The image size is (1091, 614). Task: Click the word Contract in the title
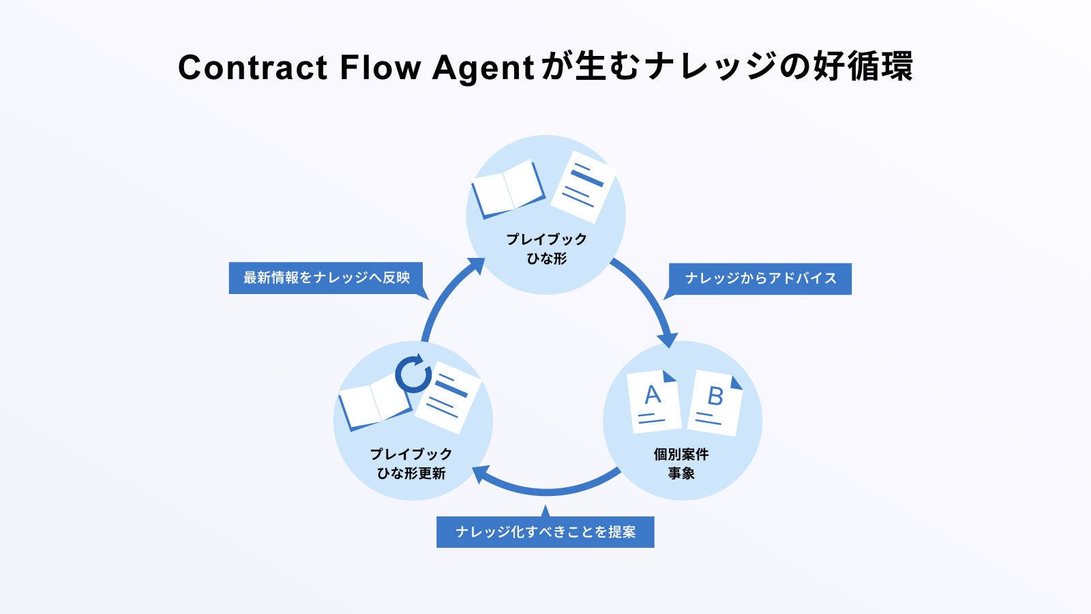tap(252, 68)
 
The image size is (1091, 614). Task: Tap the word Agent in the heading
tap(483, 68)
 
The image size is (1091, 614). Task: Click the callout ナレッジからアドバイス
tap(760, 278)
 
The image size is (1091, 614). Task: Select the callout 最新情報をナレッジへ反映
tap(327, 278)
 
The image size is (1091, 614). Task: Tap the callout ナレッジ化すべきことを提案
tap(545, 532)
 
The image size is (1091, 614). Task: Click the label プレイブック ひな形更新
tap(411, 463)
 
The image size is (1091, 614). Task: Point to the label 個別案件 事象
tap(681, 463)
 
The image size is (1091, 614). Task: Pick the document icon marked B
tap(715, 403)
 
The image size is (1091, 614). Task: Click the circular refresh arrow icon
tap(413, 374)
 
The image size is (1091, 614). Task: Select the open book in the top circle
tap(507, 188)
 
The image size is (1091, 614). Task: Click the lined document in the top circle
tap(583, 186)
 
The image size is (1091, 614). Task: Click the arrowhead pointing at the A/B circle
tap(668, 338)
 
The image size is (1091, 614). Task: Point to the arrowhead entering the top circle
tap(477, 264)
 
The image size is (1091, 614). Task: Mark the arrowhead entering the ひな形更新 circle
tap(480, 473)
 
